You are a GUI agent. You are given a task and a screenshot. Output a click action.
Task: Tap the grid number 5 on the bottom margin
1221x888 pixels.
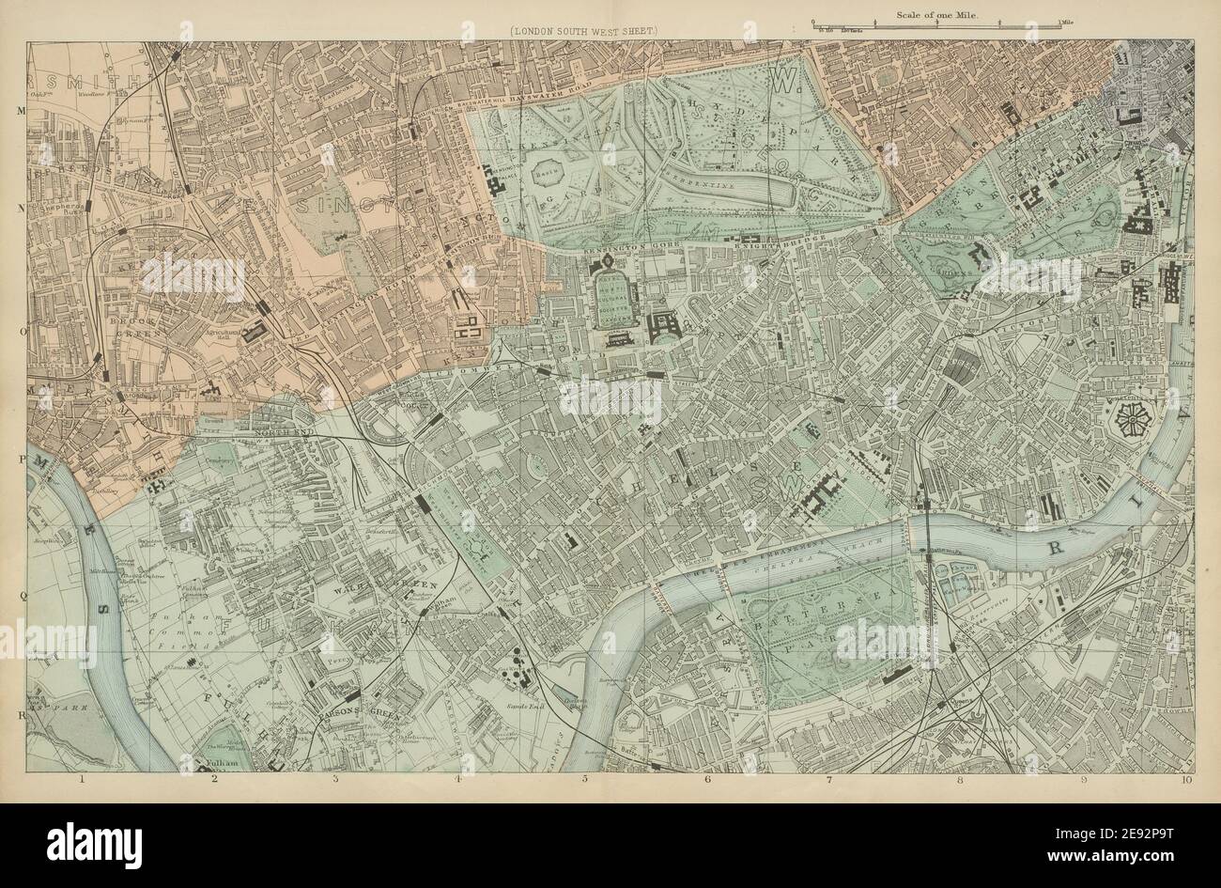(x=584, y=779)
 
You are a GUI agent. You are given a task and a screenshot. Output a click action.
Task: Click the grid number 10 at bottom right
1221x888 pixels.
(x=1187, y=779)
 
